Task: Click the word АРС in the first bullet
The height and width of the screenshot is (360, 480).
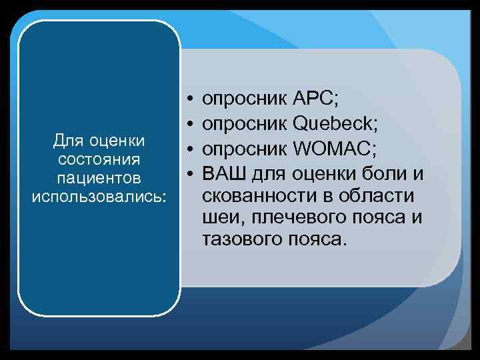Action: (316, 100)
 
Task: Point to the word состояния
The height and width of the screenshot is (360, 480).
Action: (99, 160)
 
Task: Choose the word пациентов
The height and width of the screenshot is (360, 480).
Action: (99, 179)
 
